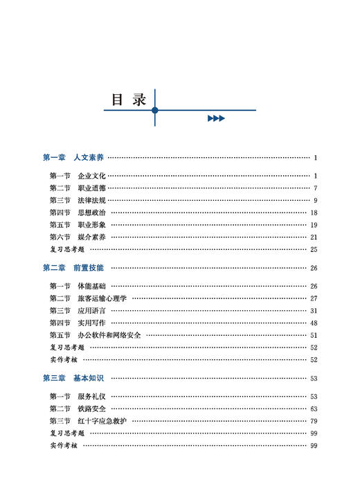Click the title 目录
pyautogui.click(x=129, y=99)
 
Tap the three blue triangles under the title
pyautogui.click(x=216, y=118)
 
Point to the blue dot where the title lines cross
pyautogui.click(x=155, y=110)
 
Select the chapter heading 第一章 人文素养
pyautogui.click(x=78, y=158)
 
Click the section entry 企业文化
pyautogui.click(x=92, y=176)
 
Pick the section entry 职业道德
pyautogui.click(x=92, y=188)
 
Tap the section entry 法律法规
pyautogui.click(x=92, y=201)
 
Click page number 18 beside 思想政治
pyautogui.click(x=314, y=213)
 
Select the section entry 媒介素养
pyautogui.click(x=92, y=237)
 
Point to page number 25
pyautogui.click(x=314, y=249)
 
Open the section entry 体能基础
pyautogui.click(x=92, y=286)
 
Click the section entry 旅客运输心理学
pyautogui.click(x=102, y=298)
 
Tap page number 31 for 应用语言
pyautogui.click(x=314, y=311)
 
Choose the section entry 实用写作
pyautogui.click(x=92, y=323)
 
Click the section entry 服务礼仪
pyautogui.click(x=92, y=397)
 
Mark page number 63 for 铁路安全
pyautogui.click(x=314, y=408)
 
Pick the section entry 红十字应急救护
pyautogui.click(x=102, y=421)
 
